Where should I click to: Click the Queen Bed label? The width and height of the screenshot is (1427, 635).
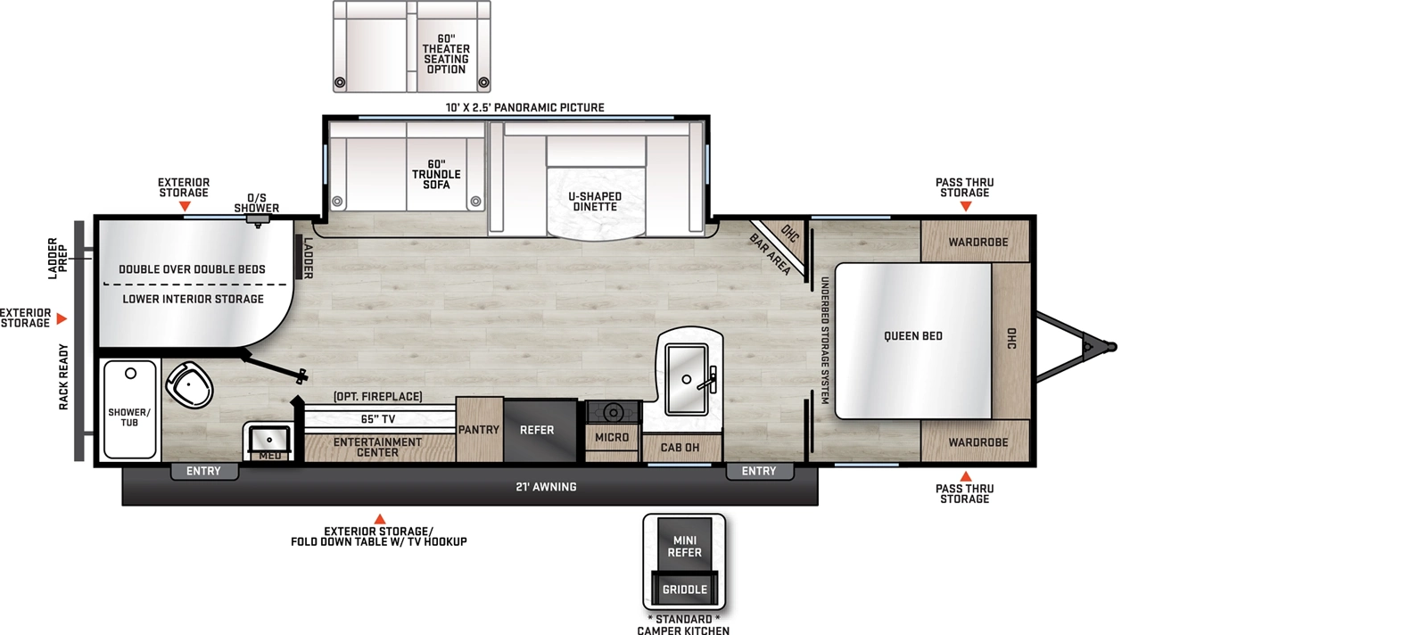[x=912, y=336]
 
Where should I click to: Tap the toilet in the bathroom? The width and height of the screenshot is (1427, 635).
[x=190, y=384]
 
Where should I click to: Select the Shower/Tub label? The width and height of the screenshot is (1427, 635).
[x=129, y=417]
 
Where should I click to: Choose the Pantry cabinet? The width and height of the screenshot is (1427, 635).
[x=479, y=430]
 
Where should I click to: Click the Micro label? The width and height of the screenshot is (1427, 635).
[x=612, y=437]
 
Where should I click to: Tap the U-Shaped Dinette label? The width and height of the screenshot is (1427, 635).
[x=595, y=202]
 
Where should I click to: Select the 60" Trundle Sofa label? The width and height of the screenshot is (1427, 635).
[x=436, y=175]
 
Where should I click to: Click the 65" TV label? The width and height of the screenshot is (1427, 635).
[x=378, y=419]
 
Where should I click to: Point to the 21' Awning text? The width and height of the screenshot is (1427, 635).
[x=546, y=487]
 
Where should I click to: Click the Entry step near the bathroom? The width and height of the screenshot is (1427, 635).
[x=203, y=471]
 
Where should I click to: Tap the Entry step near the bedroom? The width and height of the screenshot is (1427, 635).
[x=759, y=471]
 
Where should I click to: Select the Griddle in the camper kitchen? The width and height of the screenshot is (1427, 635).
[x=684, y=590]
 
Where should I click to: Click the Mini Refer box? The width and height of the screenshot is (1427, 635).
[x=684, y=546]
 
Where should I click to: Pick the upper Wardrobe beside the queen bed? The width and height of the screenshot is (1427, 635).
[x=977, y=242]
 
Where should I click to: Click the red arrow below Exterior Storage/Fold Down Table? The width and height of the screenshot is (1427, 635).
[x=380, y=519]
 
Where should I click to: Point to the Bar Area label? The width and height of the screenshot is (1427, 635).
[x=770, y=254]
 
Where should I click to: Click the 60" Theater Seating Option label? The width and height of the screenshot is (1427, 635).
[x=446, y=54]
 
